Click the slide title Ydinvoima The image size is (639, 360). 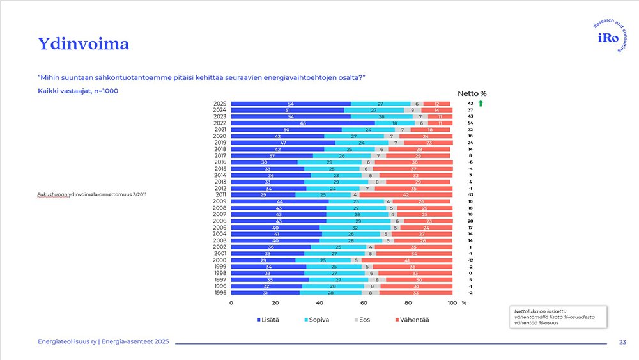83,43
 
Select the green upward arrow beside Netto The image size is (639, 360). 481,103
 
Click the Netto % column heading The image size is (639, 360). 472,93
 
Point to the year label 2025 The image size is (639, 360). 220,104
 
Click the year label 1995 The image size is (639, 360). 220,293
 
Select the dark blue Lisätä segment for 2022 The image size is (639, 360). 302,123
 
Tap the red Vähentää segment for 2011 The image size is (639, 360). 406,194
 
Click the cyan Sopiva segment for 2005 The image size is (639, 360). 355,227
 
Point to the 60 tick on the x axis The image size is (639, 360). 364,303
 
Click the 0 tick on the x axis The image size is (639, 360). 231,303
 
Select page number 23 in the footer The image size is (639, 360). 622,343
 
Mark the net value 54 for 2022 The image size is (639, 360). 470,123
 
